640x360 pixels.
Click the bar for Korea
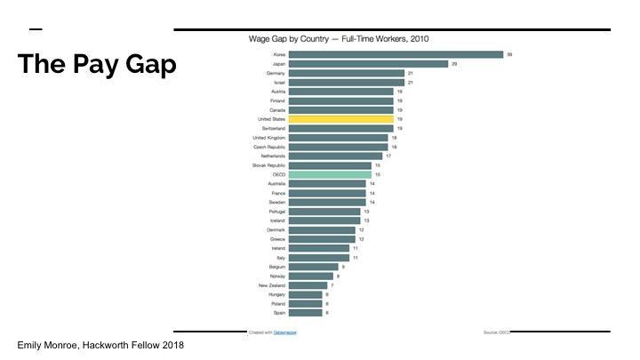pyautogui.click(x=396, y=54)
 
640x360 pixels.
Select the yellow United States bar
pyautogui.click(x=340, y=119)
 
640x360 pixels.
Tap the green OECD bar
pyautogui.click(x=330, y=174)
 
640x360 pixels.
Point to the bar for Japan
pyautogui.click(x=368, y=64)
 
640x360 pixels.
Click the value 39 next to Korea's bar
pyautogui.click(x=509, y=54)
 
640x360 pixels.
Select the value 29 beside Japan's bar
pyautogui.click(x=454, y=64)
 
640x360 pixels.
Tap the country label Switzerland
pyautogui.click(x=272, y=128)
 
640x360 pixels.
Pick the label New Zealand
pyautogui.click(x=271, y=285)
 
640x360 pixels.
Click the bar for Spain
pyautogui.click(x=306, y=313)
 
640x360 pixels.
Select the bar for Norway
pyautogui.click(x=311, y=276)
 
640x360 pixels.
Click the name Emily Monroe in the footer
pyautogui.click(x=47, y=345)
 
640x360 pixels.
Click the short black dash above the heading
pyautogui.click(x=36, y=29)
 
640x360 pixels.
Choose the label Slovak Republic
pyautogui.click(x=268, y=165)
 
